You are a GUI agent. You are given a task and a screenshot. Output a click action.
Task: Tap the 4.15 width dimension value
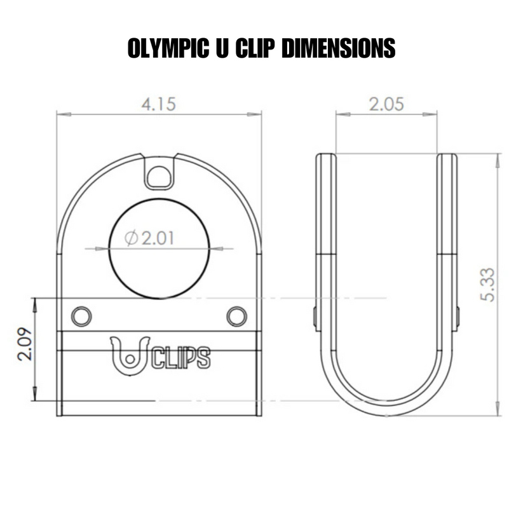coord(158,104)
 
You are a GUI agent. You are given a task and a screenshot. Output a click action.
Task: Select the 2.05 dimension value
coord(386,104)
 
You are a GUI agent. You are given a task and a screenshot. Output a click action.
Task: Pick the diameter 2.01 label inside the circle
coord(150,238)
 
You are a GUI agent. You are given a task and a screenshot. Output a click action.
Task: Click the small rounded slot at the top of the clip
coord(158,175)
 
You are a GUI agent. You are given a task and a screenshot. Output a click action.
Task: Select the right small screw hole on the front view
coord(236,316)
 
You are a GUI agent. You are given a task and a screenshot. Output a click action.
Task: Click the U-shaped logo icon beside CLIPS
coord(130,355)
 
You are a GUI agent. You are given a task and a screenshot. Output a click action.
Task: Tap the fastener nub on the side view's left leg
coord(315,318)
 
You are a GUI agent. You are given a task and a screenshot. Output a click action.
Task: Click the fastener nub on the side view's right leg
coord(458,318)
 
